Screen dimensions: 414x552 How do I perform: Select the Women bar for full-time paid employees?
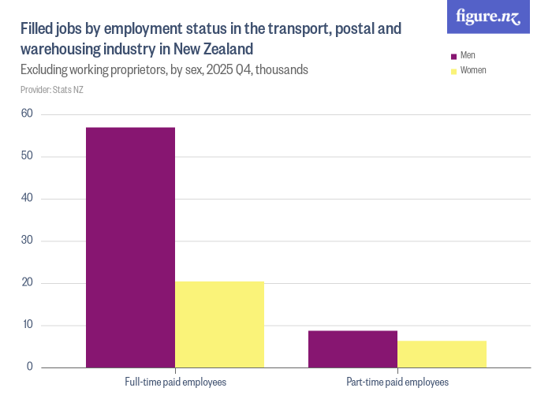click(219, 324)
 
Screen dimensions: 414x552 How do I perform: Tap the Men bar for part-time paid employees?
click(352, 349)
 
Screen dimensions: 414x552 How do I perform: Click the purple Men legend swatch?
click(453, 56)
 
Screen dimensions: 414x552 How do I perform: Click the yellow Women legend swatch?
click(453, 70)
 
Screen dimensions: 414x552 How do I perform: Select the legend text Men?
click(468, 56)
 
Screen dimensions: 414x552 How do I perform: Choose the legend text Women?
click(473, 70)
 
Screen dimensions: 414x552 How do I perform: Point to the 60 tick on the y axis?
click(27, 114)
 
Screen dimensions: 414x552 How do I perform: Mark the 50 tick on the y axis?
click(27, 156)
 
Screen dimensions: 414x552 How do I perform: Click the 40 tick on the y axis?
click(27, 198)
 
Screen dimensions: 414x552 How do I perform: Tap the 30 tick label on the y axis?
click(27, 241)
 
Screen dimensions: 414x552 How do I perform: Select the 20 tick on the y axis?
click(27, 282)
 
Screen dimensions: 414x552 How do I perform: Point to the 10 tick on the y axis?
click(27, 325)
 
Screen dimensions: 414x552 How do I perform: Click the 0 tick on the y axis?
click(29, 367)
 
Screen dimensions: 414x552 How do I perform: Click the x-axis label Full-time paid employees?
click(175, 382)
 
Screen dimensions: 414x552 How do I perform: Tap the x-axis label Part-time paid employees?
click(397, 382)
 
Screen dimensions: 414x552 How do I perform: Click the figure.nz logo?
click(488, 17)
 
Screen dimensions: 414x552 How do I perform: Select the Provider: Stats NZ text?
click(52, 90)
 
